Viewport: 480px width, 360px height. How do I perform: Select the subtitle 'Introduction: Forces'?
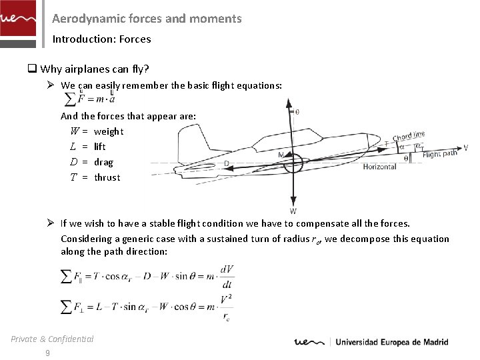coord(101,39)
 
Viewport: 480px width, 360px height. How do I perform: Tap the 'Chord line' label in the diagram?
coord(408,137)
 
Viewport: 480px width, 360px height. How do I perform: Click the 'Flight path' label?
coord(440,155)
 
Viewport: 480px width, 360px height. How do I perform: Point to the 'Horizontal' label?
coord(379,167)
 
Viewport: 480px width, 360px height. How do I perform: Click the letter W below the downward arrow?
coord(293,211)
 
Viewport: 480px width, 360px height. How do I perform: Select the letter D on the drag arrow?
coord(227,163)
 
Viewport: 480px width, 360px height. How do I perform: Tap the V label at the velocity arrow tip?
coord(465,147)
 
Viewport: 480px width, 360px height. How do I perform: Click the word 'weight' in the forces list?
coord(109,131)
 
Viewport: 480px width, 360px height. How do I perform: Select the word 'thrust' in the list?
coord(107,177)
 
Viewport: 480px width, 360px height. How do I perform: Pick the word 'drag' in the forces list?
coord(104,162)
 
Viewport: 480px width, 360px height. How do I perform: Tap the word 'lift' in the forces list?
coord(100,147)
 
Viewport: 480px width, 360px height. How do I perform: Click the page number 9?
coord(47,353)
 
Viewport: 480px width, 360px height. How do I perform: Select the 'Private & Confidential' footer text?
coord(52,339)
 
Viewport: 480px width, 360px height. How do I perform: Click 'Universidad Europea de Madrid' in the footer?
coord(391,343)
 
